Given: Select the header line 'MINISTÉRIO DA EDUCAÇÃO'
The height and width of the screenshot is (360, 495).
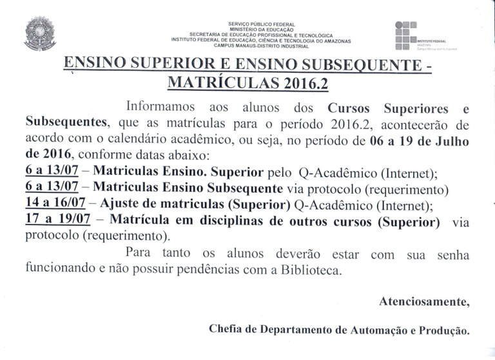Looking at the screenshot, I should point(261,30).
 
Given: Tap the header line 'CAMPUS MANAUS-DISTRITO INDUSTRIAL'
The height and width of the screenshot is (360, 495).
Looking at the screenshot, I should point(261,46).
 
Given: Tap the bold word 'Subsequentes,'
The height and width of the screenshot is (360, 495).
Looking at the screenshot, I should point(63,122).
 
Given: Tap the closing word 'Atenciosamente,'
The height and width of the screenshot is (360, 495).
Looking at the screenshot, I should point(423,302).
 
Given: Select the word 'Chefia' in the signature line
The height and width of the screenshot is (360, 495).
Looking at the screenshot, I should point(226,330).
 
